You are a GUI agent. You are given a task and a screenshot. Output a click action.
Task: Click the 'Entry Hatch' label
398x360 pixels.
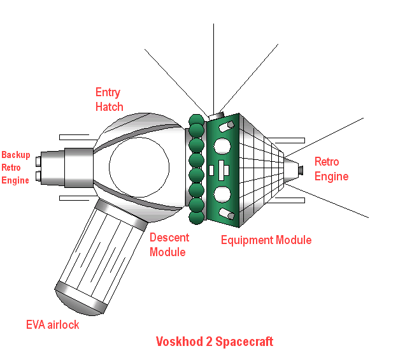[109, 99]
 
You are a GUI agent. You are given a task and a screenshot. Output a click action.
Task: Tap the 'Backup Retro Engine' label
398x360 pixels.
[15, 168]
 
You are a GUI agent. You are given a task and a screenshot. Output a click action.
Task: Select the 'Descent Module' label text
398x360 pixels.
[169, 245]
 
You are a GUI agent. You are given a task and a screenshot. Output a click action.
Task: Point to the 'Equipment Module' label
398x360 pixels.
[266, 240]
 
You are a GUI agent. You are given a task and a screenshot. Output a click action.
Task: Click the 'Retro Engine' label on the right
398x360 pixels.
[331, 169]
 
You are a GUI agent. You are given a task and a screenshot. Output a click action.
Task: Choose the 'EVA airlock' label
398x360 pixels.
[53, 325]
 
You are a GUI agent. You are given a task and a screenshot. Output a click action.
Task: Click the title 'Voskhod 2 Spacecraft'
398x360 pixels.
[215, 342]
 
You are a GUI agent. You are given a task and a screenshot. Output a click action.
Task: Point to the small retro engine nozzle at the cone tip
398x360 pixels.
[301, 169]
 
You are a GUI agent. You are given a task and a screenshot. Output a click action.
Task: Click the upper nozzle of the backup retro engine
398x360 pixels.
[39, 160]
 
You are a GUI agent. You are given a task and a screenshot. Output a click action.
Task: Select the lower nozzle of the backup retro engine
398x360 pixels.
[39, 175]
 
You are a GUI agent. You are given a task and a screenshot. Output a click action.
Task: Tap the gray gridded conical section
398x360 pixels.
[261, 169]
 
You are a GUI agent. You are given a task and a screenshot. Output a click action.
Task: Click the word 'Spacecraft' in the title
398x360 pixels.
[245, 342]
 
